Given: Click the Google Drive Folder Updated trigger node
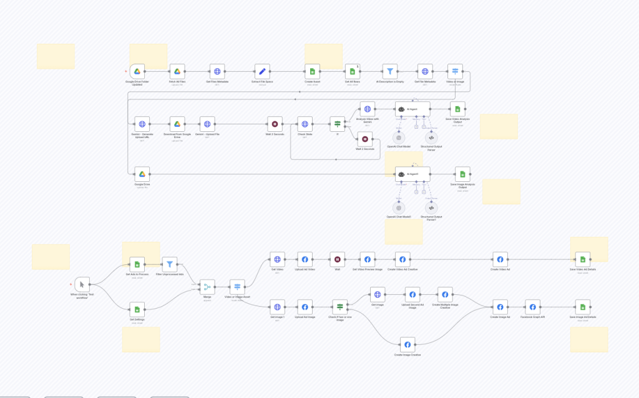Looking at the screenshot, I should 137,72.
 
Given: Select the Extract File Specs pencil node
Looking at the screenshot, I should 262,72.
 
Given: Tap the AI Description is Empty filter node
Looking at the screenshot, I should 390,72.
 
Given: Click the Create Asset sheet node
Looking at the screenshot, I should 313,72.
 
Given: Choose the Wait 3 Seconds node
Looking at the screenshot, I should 275,124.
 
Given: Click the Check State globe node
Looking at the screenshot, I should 305,124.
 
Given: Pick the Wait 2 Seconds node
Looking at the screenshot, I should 364,139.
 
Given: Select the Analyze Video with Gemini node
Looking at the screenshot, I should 368,109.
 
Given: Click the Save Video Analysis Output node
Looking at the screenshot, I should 457,109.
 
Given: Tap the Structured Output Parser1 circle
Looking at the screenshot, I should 431,208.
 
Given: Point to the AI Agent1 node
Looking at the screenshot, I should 412,174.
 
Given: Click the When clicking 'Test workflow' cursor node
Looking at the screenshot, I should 82,284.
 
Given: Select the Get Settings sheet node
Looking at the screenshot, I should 137,309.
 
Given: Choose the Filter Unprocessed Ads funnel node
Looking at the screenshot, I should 170,264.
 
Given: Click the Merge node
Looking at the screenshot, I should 207,287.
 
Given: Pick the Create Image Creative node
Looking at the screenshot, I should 407,344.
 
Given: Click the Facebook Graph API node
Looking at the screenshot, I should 532,307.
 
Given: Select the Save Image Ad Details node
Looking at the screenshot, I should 582,307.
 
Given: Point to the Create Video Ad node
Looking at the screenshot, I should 500,259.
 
